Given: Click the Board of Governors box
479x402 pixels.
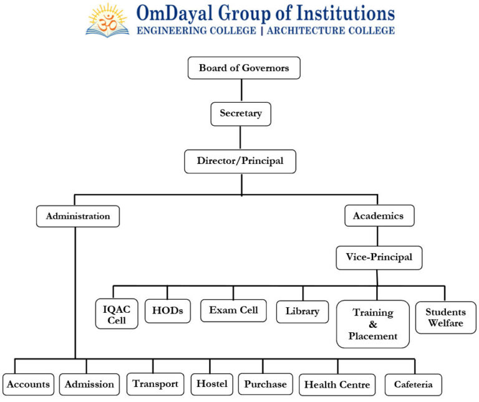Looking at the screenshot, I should [x=244, y=68].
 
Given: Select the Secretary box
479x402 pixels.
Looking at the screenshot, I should [x=241, y=114].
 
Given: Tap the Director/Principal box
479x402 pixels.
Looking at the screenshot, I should [x=240, y=161].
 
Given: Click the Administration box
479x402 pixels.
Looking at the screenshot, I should [x=77, y=216].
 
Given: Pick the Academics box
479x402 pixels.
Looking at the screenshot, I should [x=379, y=216].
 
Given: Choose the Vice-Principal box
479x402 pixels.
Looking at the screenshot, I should [x=379, y=257].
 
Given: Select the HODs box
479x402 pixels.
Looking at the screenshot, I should [x=168, y=310].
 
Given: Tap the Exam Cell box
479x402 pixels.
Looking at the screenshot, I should [x=233, y=310].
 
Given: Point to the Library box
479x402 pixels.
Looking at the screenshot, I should [x=302, y=311].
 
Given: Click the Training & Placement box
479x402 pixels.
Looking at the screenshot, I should [x=373, y=324].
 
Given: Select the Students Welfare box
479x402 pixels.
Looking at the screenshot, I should [x=445, y=317].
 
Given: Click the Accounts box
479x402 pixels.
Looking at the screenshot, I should [x=28, y=384].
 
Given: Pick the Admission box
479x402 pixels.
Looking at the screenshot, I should [x=89, y=384].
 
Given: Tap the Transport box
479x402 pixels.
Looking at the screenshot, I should [x=155, y=383].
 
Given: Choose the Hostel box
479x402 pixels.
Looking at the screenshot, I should [x=212, y=383].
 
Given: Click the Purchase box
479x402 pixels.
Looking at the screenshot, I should [x=265, y=384].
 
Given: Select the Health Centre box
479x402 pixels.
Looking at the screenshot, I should [x=337, y=385].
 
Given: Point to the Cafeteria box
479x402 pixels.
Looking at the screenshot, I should [x=413, y=385].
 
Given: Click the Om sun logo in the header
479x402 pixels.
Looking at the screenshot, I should [x=107, y=20].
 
